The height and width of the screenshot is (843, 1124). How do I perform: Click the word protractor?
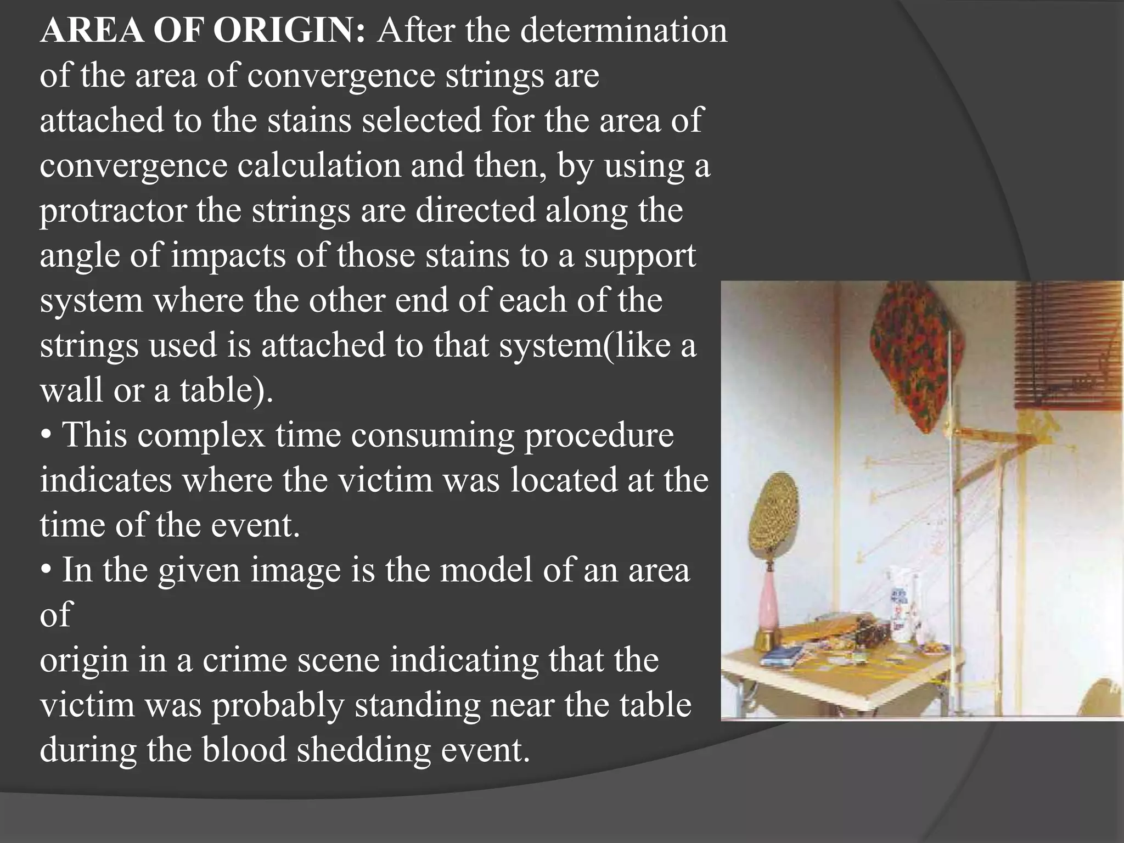113,210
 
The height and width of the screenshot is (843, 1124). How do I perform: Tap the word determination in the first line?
623,30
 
